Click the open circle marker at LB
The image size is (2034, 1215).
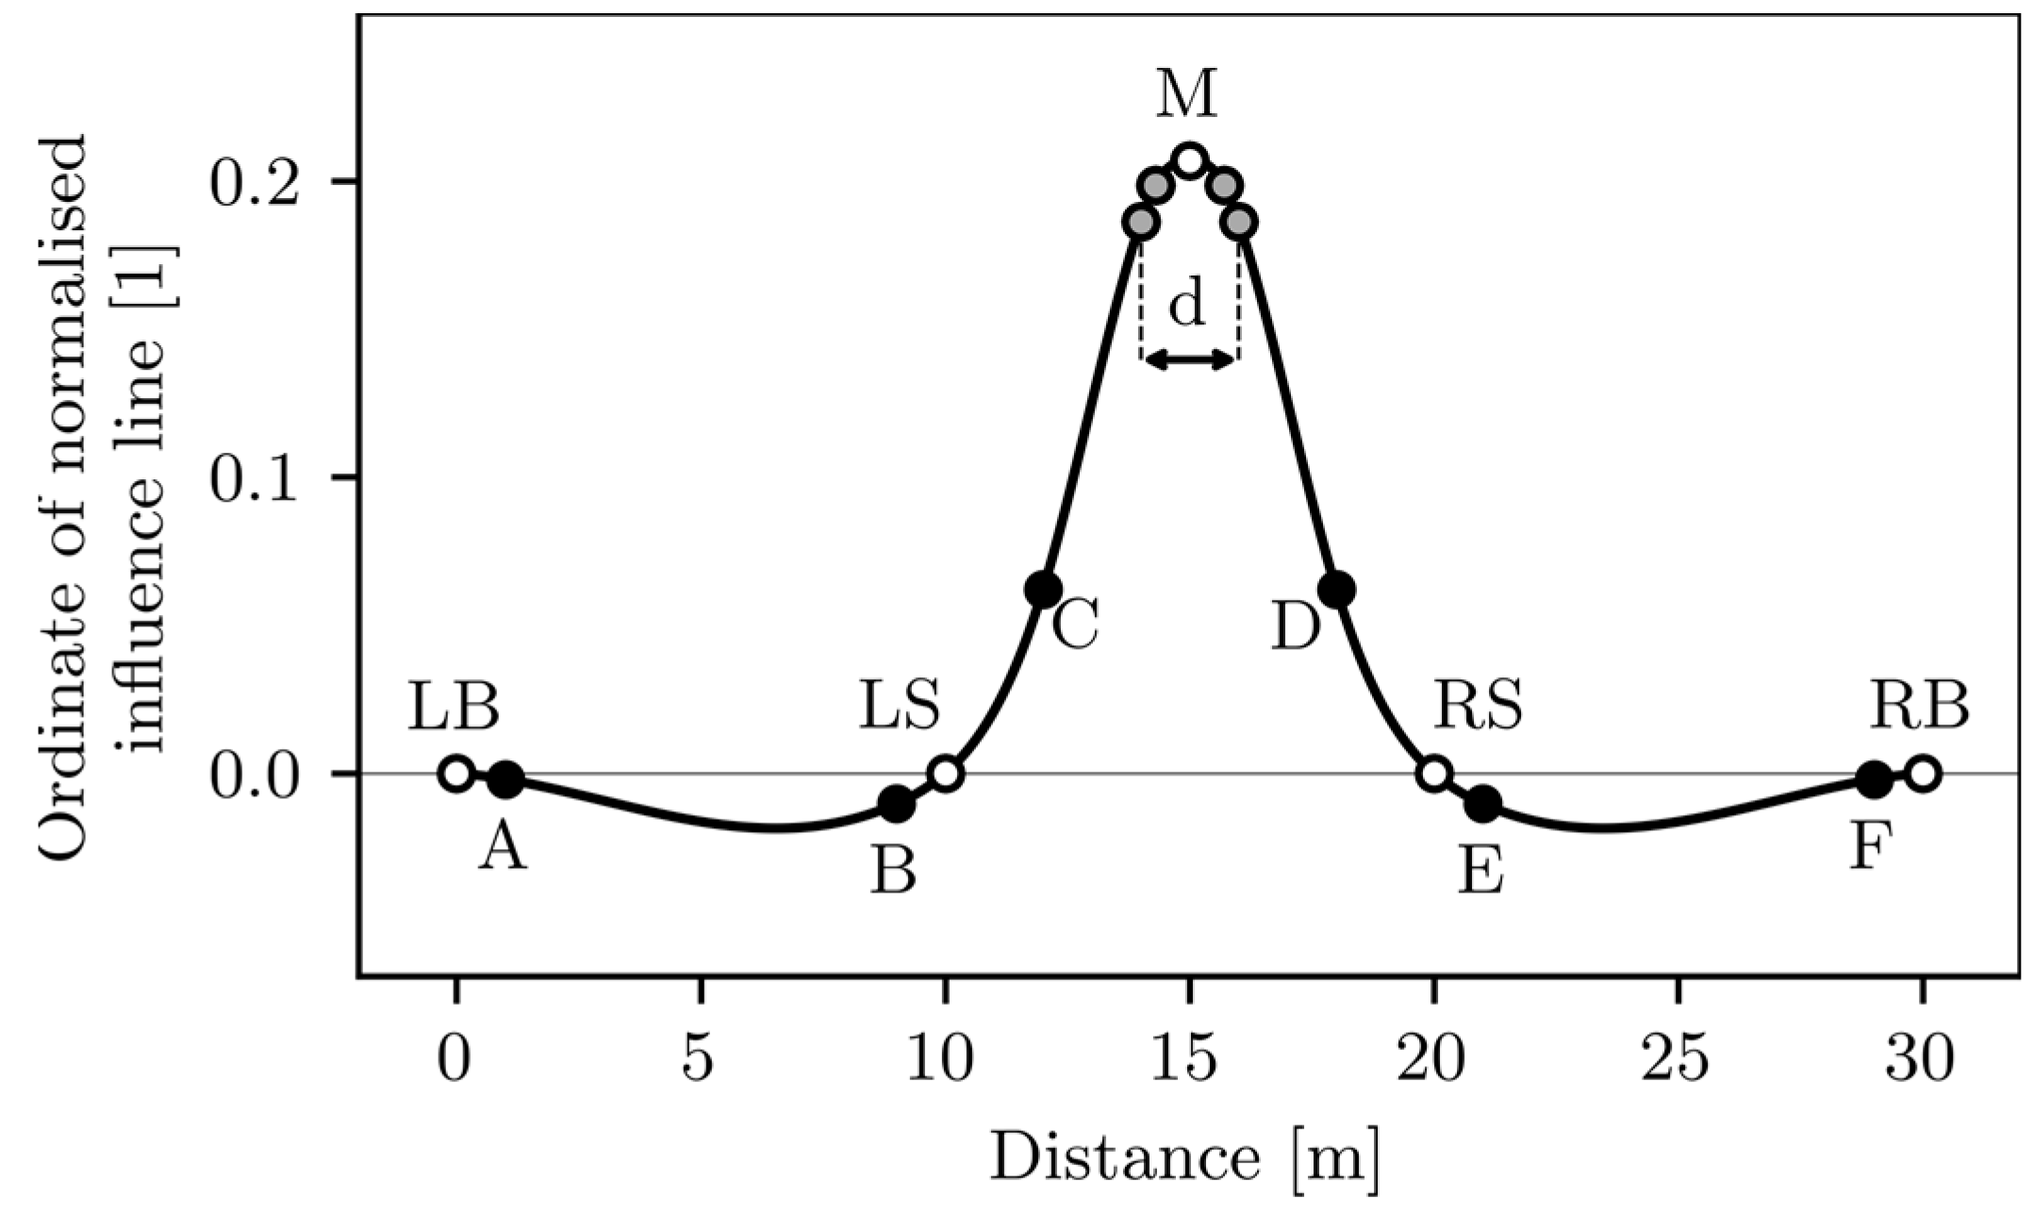tap(455, 774)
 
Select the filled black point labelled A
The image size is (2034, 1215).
tap(505, 779)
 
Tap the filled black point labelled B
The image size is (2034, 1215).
tap(896, 804)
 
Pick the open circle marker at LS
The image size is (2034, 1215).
tap(946, 774)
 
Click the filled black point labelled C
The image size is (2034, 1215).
tap(1042, 590)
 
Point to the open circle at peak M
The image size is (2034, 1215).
tap(1190, 160)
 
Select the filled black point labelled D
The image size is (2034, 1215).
tap(1336, 590)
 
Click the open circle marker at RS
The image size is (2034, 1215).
tap(1433, 774)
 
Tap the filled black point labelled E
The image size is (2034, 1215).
tap(1483, 804)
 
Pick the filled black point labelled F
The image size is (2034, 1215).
tap(1874, 779)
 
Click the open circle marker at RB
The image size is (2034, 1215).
tap(1923, 774)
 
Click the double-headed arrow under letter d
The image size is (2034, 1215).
tap(1189, 358)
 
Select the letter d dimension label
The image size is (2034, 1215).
tap(1186, 304)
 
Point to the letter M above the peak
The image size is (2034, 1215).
tap(1187, 94)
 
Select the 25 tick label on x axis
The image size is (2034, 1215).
tap(1678, 1059)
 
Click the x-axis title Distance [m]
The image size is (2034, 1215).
tap(1184, 1156)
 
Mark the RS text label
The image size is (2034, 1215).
tap(1478, 707)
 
